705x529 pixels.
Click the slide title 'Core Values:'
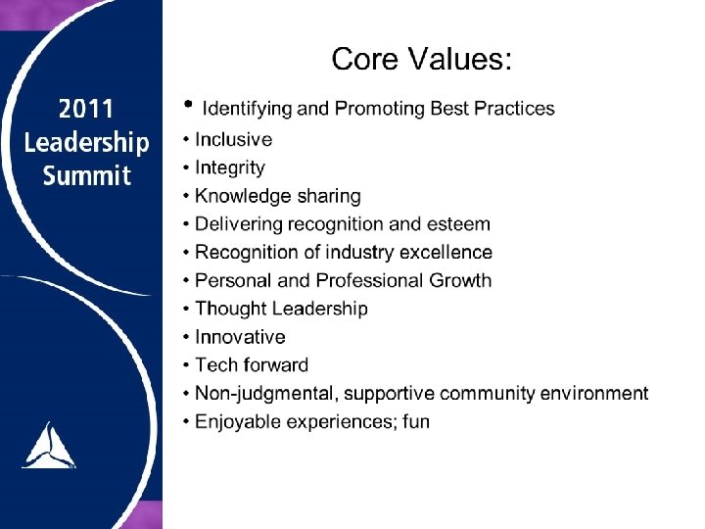pos(421,59)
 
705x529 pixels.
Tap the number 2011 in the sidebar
pos(86,109)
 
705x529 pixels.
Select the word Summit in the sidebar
pos(86,176)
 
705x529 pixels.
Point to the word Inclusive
pos(233,139)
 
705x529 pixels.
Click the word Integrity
pos(230,168)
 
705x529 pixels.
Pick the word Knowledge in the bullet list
pos(241,197)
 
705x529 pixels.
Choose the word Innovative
pos(240,337)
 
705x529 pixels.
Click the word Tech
pos(214,365)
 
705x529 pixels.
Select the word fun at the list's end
pos(415,422)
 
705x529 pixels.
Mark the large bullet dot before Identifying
pos(186,103)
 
